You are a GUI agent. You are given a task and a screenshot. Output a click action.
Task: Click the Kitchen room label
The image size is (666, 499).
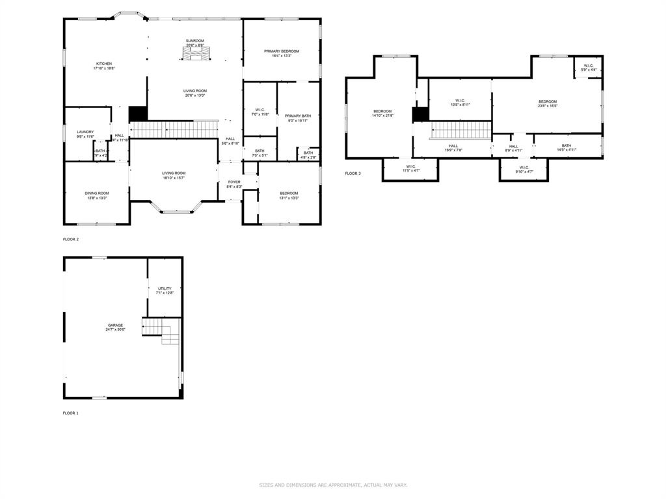point(104,64)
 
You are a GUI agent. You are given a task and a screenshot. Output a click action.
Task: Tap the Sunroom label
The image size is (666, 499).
point(194,41)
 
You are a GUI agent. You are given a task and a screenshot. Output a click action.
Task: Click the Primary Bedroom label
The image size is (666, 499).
point(282,51)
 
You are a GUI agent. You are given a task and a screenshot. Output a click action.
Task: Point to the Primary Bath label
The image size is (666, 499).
point(298,116)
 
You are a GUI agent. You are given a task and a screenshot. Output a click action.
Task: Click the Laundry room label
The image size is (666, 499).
point(85,132)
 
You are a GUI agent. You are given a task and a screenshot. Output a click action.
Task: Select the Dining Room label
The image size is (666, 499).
point(96,193)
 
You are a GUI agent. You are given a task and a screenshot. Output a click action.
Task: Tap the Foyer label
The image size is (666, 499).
point(234,182)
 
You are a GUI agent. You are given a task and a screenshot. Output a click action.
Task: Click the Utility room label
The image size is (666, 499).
point(165,288)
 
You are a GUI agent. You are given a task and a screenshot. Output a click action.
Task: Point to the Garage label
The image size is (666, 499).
point(115,326)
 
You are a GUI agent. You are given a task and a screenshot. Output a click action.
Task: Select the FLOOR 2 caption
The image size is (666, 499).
point(71,240)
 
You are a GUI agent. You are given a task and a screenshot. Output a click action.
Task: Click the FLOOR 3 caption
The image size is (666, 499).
point(353,173)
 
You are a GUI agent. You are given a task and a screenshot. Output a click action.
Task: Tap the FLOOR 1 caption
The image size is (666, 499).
point(71,413)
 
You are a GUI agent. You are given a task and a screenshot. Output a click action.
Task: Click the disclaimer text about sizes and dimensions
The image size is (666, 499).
point(333,485)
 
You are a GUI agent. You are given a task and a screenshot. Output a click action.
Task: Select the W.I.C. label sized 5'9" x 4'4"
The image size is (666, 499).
point(588,67)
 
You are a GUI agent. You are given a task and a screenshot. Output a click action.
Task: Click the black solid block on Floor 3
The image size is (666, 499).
point(420,114)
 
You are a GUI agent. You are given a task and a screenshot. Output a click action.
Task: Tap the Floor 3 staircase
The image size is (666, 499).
point(461,130)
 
